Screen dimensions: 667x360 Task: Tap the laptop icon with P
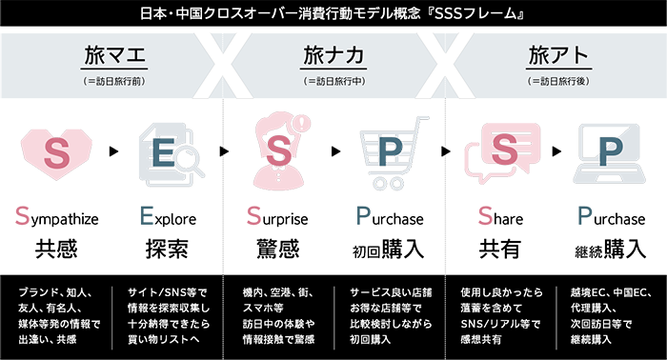click(x=610, y=153)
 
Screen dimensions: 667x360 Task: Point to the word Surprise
click(x=278, y=217)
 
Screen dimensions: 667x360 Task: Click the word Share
click(x=499, y=217)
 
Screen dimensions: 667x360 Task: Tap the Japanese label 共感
click(x=56, y=250)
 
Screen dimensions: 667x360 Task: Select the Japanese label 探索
click(x=167, y=250)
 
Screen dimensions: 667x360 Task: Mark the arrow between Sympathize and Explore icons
click(x=113, y=151)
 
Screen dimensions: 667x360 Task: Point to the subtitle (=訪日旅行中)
click(x=333, y=81)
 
